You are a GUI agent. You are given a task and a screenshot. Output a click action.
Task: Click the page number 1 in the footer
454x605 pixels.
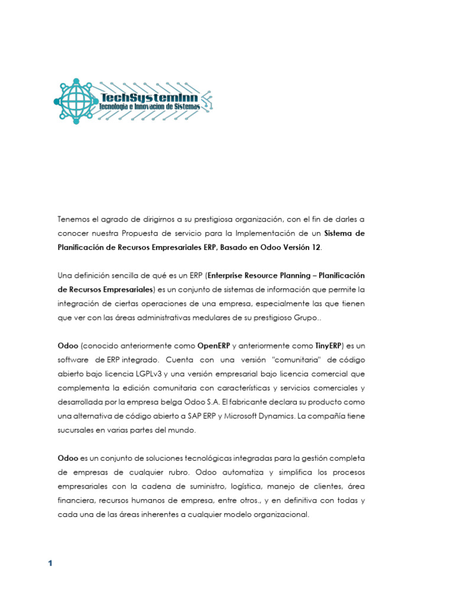[x=50, y=563]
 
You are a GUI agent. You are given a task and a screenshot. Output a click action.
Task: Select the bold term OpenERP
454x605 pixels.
[x=213, y=346]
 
